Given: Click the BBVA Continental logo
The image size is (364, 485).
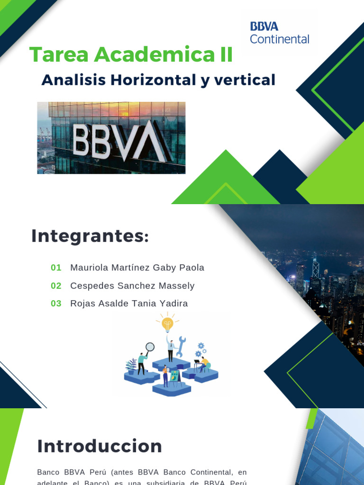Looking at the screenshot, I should coord(279,33).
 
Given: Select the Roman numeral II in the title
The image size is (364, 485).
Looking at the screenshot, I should coord(223,55).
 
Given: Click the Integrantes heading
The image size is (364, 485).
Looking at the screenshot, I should coord(90,236).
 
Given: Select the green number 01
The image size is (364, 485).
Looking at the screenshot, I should coord(56,268).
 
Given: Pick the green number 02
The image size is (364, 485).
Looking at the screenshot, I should coord(56,286).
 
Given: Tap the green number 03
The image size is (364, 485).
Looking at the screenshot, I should coord(56,304).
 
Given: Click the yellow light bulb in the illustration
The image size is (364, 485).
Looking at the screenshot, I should coord(167,324).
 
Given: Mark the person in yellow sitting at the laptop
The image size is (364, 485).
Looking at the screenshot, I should coord(203,364).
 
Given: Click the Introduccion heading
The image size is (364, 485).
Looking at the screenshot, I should coord(100,446).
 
